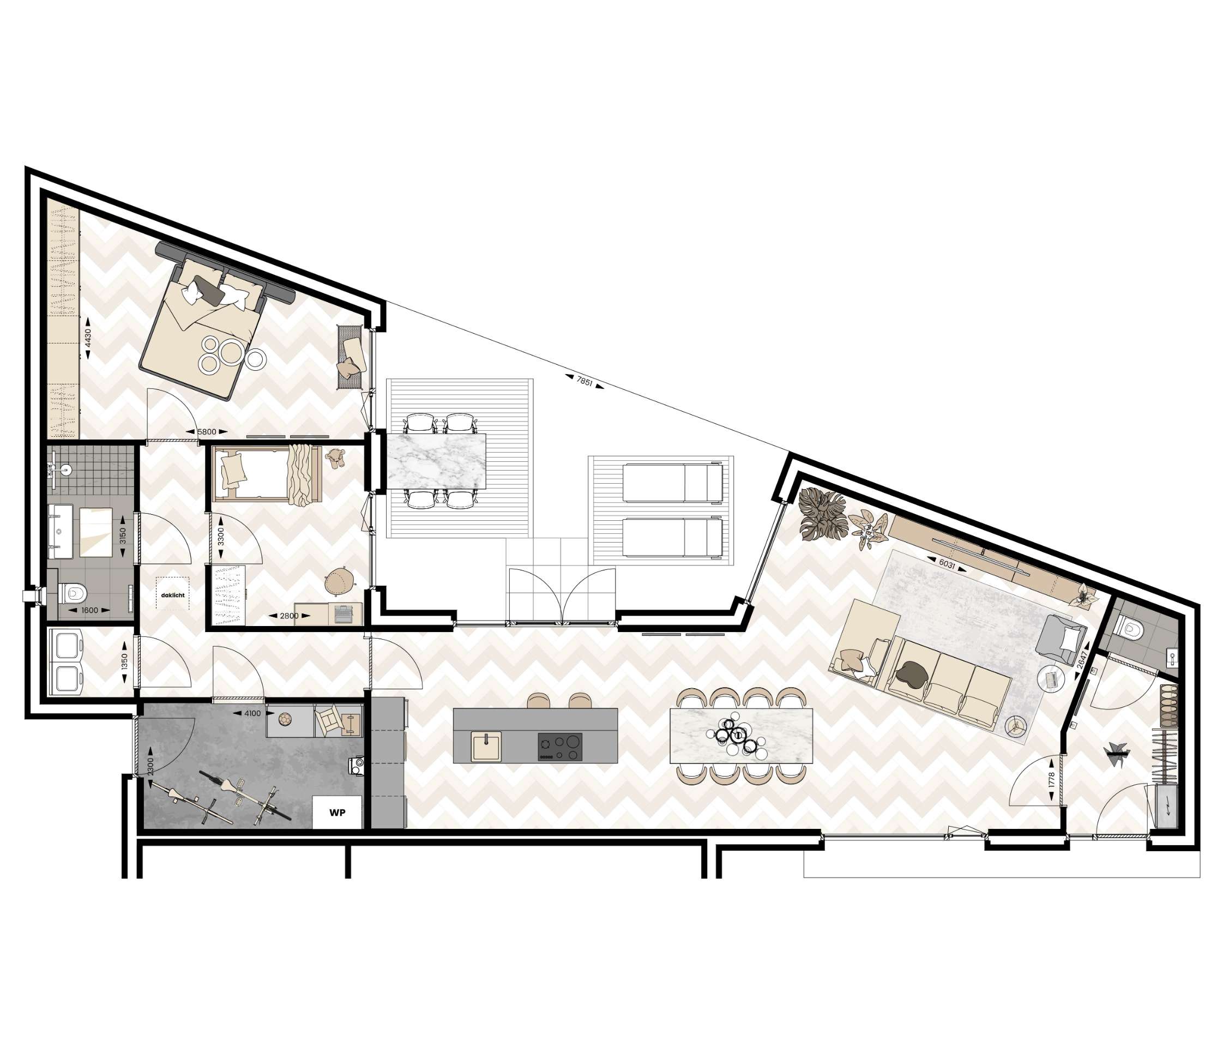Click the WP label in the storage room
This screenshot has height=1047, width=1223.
337,813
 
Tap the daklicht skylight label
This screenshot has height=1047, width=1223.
172,595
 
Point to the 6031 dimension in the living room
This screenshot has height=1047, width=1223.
947,564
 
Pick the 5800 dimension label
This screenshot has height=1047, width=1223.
207,432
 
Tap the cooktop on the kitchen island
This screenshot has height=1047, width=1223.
559,747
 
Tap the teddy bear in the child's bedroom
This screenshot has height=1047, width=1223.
336,459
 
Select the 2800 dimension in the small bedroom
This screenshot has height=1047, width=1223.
289,616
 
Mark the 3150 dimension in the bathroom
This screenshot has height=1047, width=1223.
123,535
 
